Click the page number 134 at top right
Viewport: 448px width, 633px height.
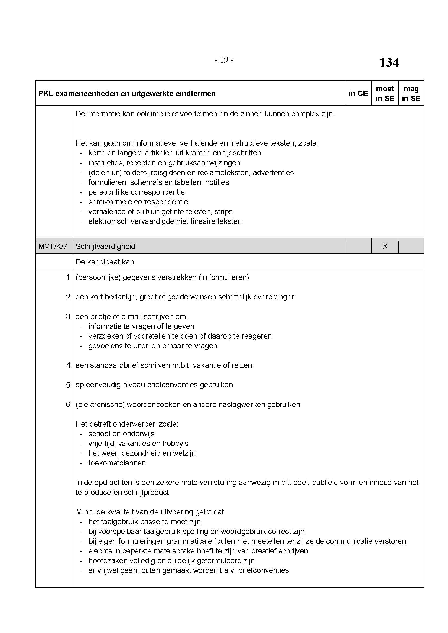(389, 63)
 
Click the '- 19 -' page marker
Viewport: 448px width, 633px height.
(224, 60)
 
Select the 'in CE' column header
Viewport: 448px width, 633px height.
(358, 93)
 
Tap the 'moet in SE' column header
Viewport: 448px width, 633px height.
(385, 93)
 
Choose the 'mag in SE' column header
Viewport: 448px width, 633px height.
(411, 93)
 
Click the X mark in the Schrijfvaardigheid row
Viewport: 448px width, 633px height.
(385, 246)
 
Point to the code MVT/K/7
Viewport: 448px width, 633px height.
(53, 246)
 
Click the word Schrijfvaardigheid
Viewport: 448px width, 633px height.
(105, 246)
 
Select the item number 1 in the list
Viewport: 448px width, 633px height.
(68, 277)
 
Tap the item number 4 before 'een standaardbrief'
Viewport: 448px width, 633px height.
(68, 365)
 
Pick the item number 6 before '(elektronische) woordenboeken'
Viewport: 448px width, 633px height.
(68, 404)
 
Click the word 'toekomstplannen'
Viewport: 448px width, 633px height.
(118, 463)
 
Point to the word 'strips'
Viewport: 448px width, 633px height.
(223, 211)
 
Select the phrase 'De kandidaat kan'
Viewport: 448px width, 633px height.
(105, 262)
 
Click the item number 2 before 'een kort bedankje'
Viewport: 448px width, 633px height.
(68, 297)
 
